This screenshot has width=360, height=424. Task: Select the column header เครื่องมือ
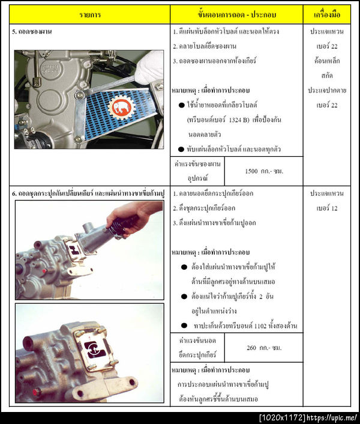tap(326, 14)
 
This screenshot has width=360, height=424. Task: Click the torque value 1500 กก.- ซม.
tap(264, 171)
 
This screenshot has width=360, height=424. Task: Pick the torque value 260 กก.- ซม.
tap(264, 348)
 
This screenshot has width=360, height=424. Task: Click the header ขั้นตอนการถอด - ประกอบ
tap(236, 14)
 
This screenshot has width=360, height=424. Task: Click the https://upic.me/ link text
tap(333, 417)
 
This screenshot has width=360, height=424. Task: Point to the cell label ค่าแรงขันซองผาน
tap(197, 164)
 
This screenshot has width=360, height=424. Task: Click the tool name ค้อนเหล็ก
tap(326, 61)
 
